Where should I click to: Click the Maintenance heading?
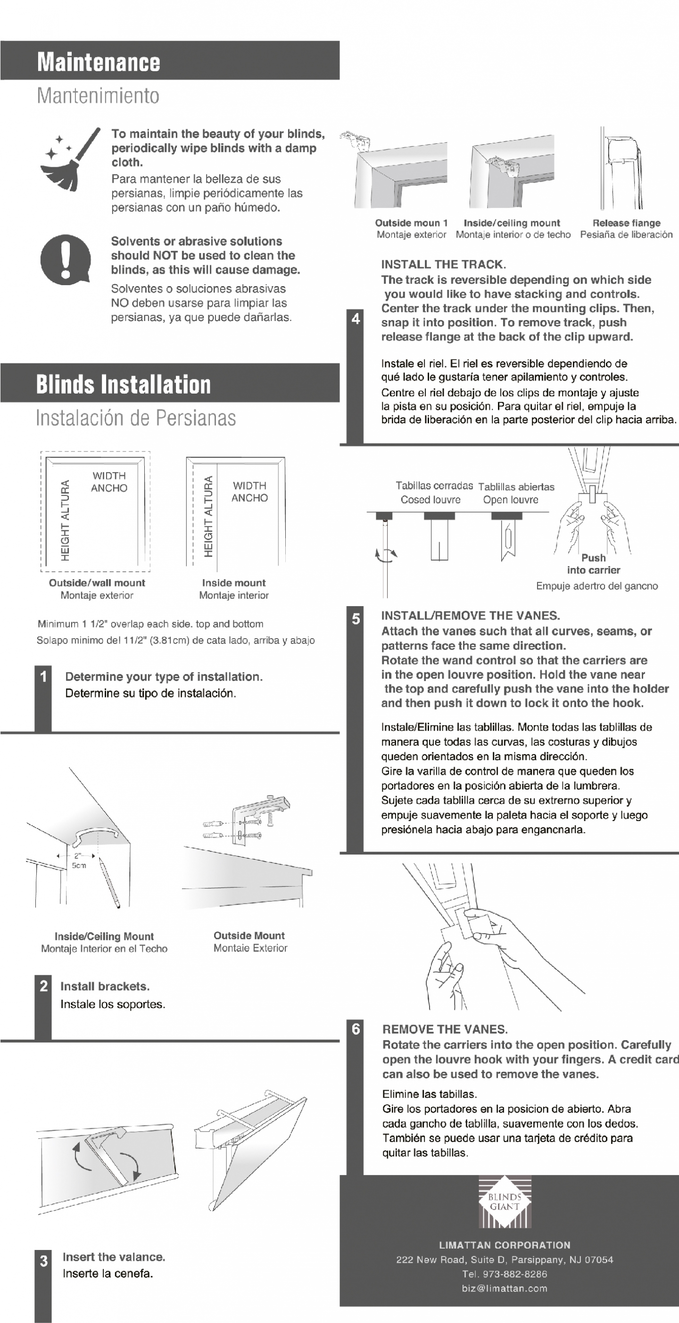pos(98,62)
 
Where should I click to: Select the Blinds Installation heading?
pos(124,384)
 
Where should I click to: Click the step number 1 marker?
pos(44,676)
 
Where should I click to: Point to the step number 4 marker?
pos(356,319)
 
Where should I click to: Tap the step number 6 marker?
pos(356,1029)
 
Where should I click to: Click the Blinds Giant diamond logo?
pos(504,1202)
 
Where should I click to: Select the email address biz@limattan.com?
pos(504,1288)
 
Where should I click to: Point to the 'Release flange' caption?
pos(626,223)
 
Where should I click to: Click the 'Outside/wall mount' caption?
pos(97,583)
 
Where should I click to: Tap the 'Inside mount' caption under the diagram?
pos(234,583)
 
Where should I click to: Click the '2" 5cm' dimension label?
pos(79,861)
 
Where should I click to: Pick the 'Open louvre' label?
pos(510,500)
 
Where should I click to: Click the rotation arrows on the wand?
pos(386,554)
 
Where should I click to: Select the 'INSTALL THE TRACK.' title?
pos(443,264)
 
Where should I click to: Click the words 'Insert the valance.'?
pos(114,1257)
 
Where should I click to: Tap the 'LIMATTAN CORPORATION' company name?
pos(504,1245)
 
